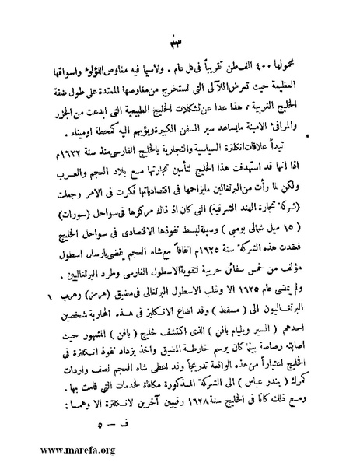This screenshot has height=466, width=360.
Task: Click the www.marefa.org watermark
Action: [52, 450]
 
